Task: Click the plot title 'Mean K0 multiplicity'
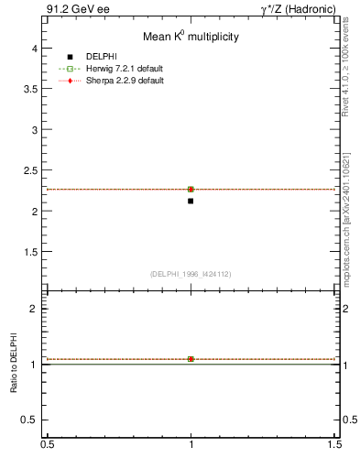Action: [x=191, y=38]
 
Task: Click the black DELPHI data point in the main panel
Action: [x=191, y=201]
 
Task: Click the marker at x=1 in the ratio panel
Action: [x=191, y=359]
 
